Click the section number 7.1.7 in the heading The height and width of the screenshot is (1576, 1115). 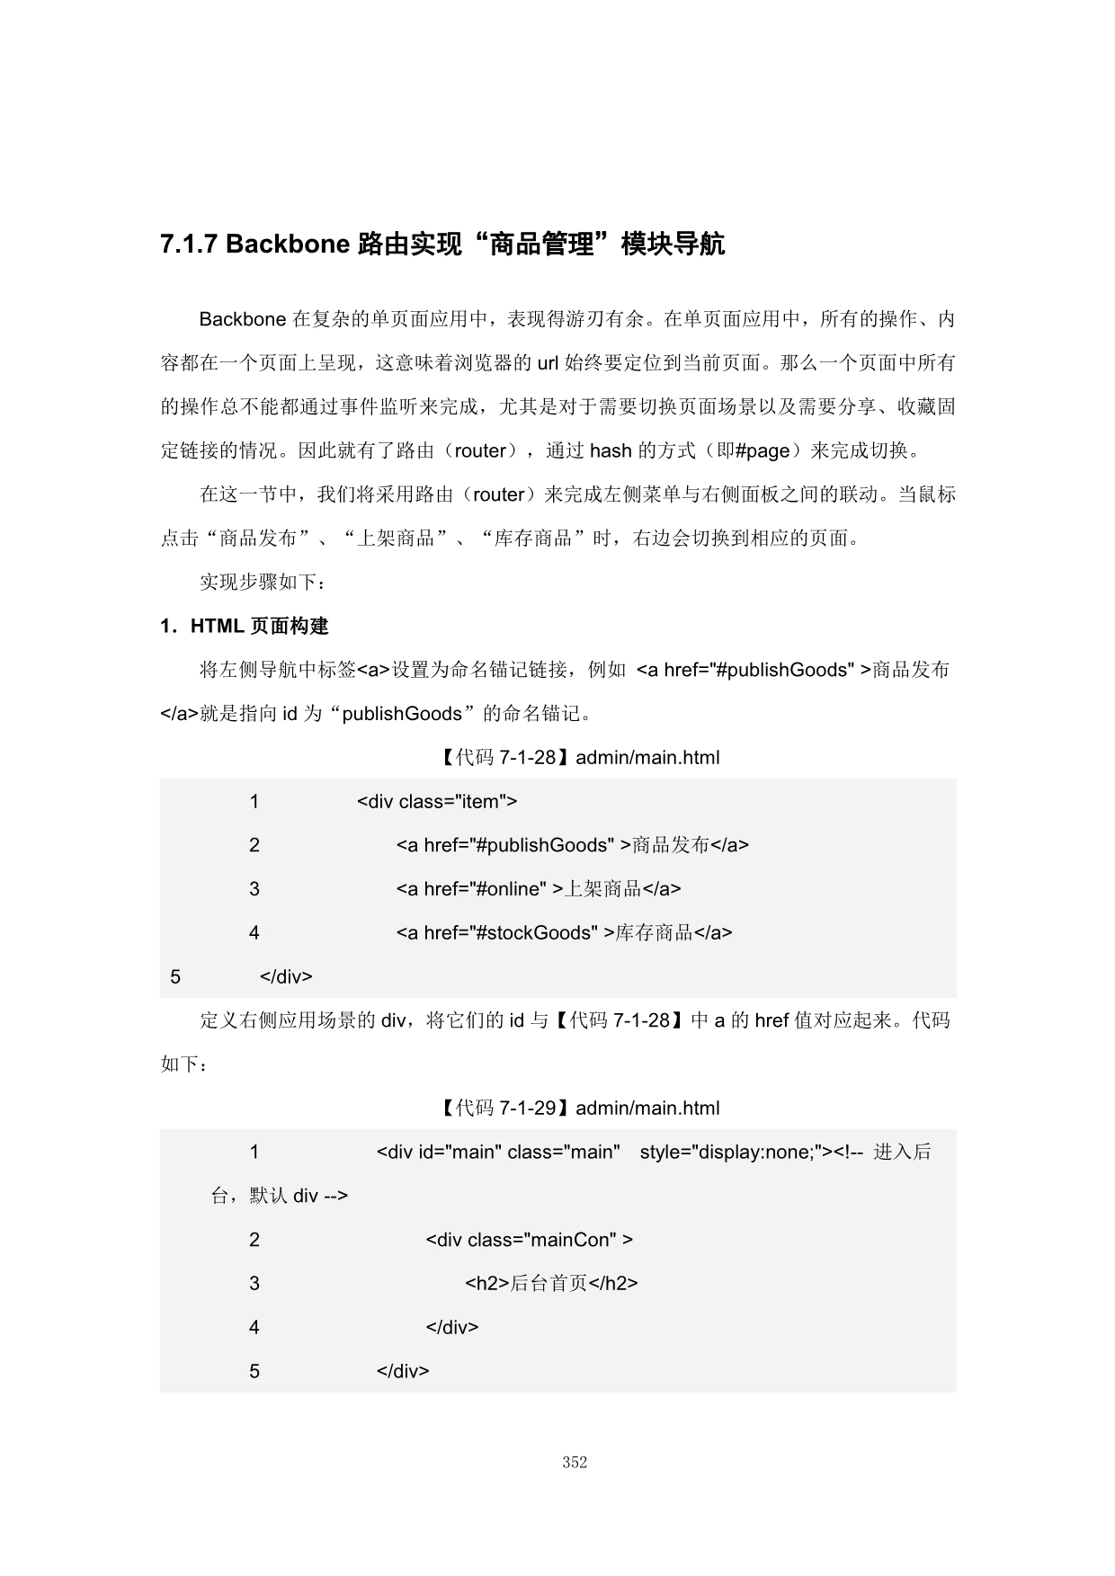click(189, 245)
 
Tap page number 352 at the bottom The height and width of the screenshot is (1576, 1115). click(575, 1463)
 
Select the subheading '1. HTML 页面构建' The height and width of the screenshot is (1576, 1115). click(245, 627)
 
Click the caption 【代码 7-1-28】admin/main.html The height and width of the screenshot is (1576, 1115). click(579, 758)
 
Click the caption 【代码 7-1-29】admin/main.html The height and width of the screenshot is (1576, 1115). click(579, 1109)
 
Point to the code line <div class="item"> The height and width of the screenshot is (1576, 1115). click(437, 801)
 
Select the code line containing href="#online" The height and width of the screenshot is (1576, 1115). click(539, 889)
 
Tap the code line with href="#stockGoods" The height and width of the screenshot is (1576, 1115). click(564, 933)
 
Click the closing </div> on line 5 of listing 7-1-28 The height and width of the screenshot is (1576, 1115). click(286, 976)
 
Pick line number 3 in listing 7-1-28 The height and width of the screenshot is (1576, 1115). click(254, 889)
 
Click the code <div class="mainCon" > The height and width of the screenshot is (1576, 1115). click(529, 1240)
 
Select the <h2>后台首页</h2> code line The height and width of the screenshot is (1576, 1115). click(551, 1284)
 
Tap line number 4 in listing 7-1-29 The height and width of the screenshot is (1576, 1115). click(254, 1327)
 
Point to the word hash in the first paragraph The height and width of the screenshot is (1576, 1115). click(611, 450)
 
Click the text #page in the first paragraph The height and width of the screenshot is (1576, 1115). click(762, 450)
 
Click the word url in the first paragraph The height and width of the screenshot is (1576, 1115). click(548, 363)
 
